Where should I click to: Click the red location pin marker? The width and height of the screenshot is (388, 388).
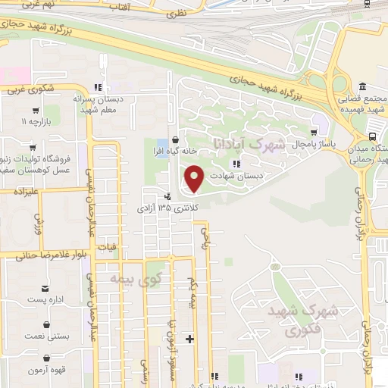[195, 180]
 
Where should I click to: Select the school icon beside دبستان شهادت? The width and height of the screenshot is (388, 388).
[236, 163]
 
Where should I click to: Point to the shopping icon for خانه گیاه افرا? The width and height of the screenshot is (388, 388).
[176, 139]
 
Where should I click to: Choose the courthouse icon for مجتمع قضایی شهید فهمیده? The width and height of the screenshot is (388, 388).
[362, 86]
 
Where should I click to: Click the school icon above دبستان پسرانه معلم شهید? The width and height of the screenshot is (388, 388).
[97, 87]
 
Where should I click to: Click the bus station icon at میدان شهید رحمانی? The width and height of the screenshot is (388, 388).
[371, 137]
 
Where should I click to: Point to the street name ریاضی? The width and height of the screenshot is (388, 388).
[204, 239]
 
